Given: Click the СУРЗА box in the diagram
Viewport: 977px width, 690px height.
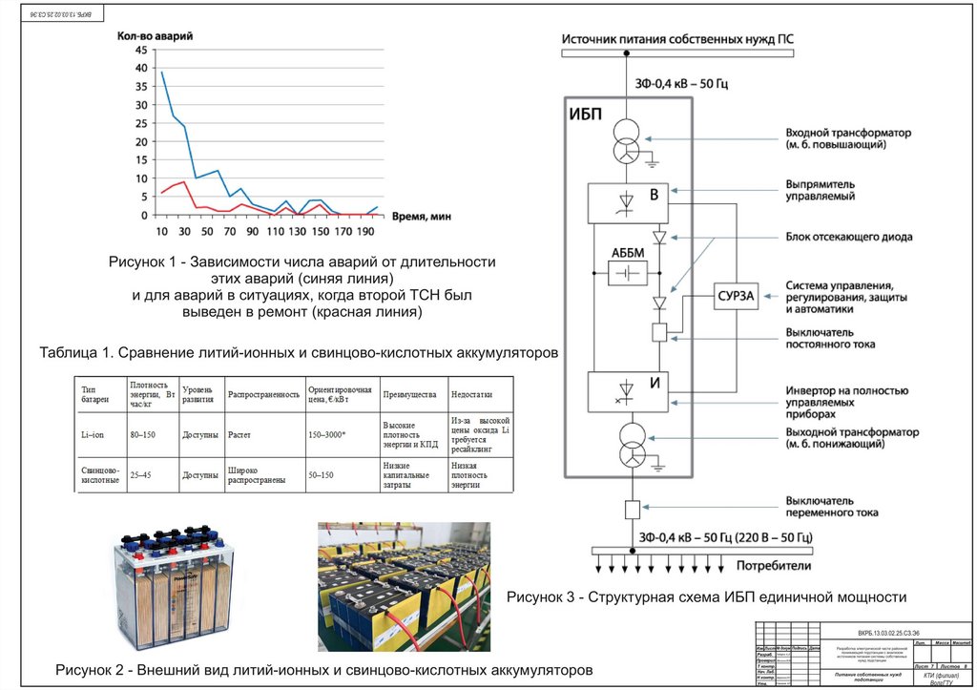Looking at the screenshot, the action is (x=737, y=297).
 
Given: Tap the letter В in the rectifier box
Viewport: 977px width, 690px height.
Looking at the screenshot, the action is (x=654, y=196).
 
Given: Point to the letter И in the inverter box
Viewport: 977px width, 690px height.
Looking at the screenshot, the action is (x=655, y=384).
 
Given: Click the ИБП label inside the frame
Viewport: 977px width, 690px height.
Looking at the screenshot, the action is (x=586, y=115).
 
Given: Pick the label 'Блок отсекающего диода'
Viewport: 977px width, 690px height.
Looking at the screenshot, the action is (x=849, y=236).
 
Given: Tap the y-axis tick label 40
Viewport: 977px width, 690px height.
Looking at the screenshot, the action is (x=142, y=69).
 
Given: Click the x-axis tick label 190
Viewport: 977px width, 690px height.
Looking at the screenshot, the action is (x=366, y=230).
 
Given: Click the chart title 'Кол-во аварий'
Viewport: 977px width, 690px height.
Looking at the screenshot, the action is (x=156, y=35).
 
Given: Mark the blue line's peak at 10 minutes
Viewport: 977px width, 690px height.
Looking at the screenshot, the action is (x=162, y=73).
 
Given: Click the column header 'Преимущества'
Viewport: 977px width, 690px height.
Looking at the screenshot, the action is (x=409, y=394).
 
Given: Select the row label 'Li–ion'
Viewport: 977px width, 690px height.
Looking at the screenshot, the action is (x=93, y=434).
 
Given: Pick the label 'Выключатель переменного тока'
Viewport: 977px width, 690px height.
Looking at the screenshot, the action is (x=832, y=507).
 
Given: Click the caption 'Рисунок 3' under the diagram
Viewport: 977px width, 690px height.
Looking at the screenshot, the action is (x=705, y=597).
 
